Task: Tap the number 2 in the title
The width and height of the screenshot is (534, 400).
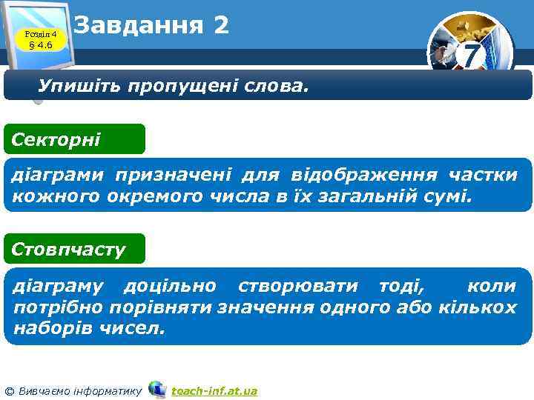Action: point(220,26)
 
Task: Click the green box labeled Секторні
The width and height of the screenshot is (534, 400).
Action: point(73,139)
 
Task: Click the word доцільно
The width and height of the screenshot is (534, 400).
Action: point(170,285)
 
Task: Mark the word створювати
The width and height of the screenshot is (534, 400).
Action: point(288,285)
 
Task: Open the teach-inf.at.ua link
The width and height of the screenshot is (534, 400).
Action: point(214,390)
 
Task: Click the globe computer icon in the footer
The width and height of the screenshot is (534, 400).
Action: point(157,389)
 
